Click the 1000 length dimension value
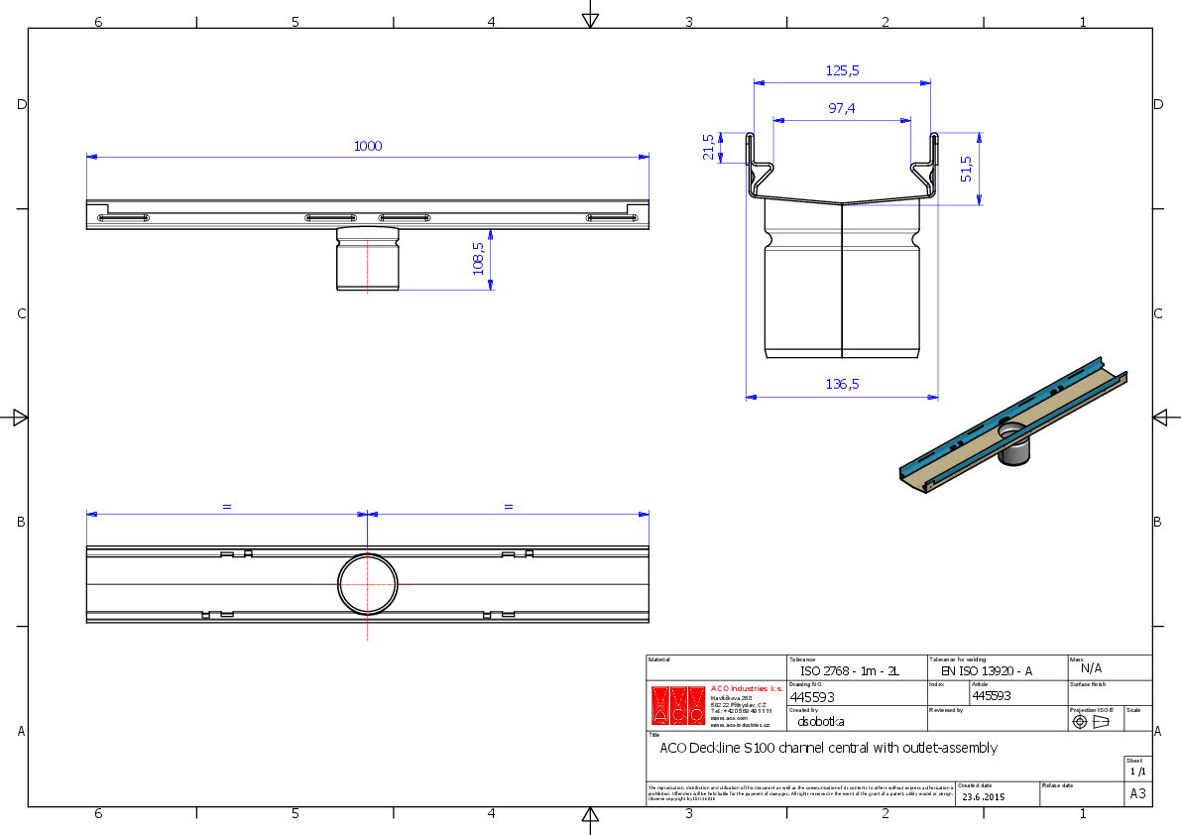368,146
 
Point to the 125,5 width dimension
842,70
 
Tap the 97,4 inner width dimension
842,109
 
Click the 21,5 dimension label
708,148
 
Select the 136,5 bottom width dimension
842,384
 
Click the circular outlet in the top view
368,584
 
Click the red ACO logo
679,705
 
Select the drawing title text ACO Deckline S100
828,748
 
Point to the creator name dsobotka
821,722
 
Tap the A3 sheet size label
1137,794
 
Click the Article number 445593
991,695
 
